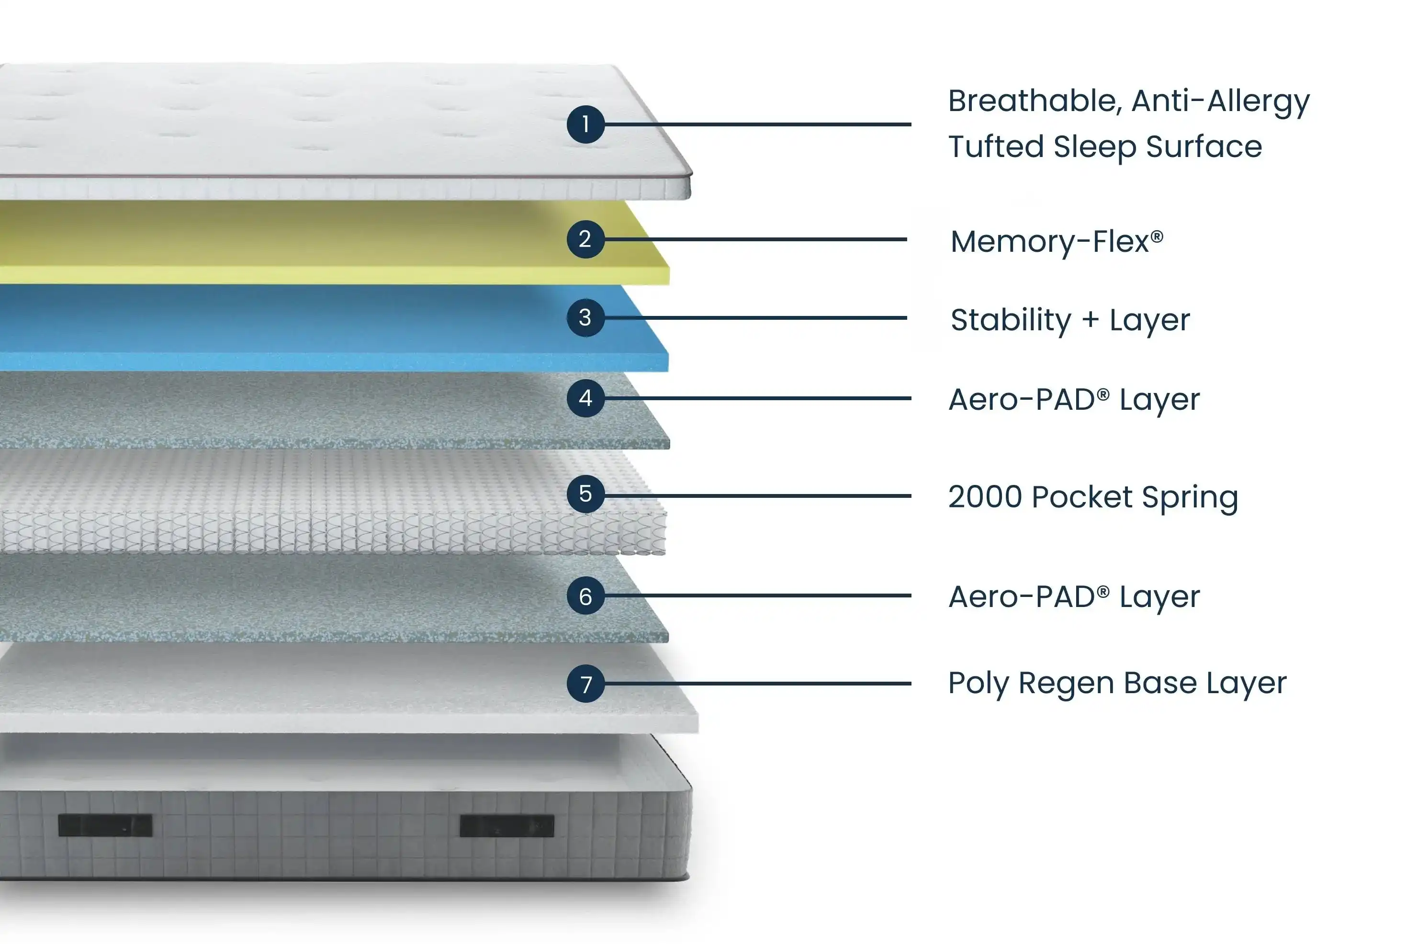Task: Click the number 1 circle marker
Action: pos(585,124)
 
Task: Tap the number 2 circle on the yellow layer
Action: pos(585,239)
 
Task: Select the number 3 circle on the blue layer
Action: pos(585,317)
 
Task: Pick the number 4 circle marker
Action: pos(585,398)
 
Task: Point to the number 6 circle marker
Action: pos(585,596)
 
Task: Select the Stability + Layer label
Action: pos(1069,320)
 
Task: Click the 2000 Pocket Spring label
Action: pos(1092,497)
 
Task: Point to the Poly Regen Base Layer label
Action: pos(1117,683)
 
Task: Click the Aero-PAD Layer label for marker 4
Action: pos(1074,399)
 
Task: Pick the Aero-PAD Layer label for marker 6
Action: pos(1074,596)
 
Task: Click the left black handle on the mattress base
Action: pos(105,825)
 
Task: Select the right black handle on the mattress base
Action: pos(506,825)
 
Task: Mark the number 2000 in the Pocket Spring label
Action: pos(985,497)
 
